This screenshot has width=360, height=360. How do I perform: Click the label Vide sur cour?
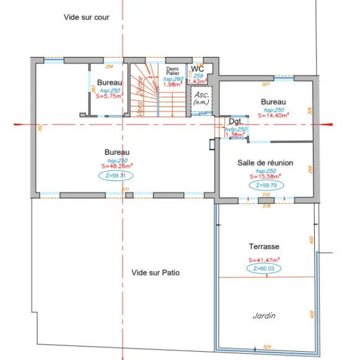click(86, 17)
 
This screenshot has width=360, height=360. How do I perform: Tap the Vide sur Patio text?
click(156, 272)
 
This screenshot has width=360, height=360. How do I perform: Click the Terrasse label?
click(264, 246)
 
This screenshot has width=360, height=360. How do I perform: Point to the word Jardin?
click(263, 315)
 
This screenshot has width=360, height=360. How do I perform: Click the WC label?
click(197, 69)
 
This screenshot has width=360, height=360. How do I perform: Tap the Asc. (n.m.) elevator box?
click(201, 99)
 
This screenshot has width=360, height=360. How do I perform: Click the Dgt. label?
click(235, 121)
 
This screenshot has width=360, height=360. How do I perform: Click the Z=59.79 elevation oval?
click(265, 185)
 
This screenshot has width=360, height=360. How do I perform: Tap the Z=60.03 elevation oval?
click(264, 269)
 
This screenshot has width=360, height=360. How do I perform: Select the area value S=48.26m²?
click(116, 166)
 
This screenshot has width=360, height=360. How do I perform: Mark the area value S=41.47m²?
click(264, 260)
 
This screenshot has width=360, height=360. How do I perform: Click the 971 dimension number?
click(126, 189)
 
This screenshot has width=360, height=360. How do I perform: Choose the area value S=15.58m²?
click(265, 176)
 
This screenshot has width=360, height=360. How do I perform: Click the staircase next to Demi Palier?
click(147, 90)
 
